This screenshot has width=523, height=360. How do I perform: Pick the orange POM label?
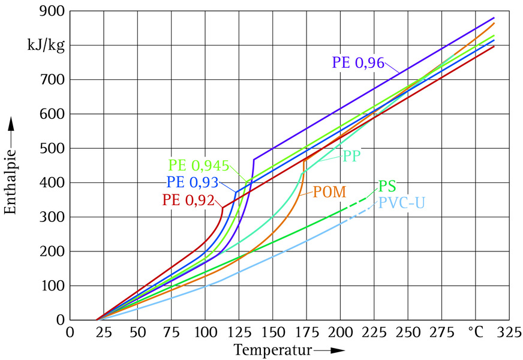coord(329,193)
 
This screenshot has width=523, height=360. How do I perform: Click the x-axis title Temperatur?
coord(266,349)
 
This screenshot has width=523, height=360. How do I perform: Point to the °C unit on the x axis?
coord(476,332)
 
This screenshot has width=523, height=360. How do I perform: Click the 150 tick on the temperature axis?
coord(273,332)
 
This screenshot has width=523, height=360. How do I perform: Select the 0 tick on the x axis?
coord(71,332)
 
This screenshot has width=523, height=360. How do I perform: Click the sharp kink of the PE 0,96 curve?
coord(254,160)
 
